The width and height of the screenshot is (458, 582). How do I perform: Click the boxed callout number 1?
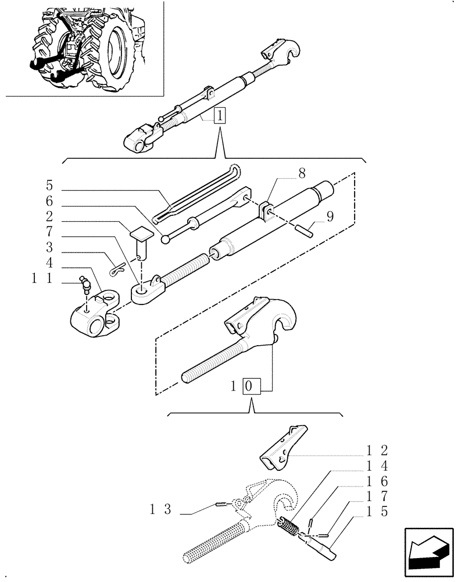(x=219, y=115)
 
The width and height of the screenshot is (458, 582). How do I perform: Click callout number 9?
(x=330, y=218)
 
